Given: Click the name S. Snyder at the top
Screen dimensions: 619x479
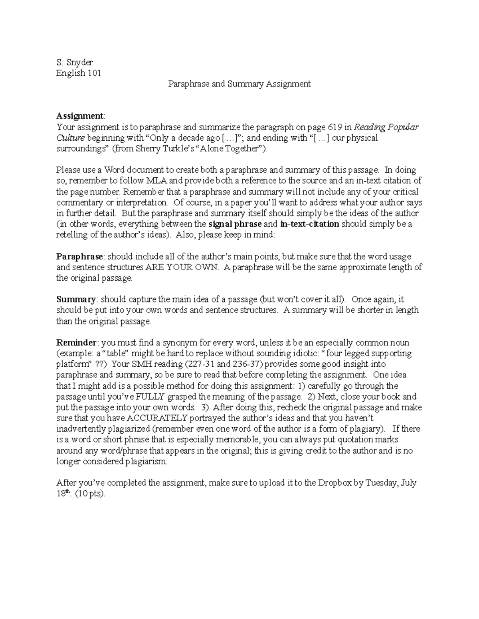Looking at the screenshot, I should pos(75,62).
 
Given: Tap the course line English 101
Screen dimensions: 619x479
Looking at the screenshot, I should pos(79,73).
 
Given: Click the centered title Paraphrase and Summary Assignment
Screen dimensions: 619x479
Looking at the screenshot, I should pos(239,84).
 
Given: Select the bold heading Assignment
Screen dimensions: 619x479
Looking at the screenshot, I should pos(80,116).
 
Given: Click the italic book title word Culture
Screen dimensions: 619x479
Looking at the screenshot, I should pos(70,138).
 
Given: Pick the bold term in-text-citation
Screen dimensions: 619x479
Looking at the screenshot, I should pos(310,224).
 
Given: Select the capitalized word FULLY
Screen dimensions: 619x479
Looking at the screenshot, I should pos(150,397).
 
